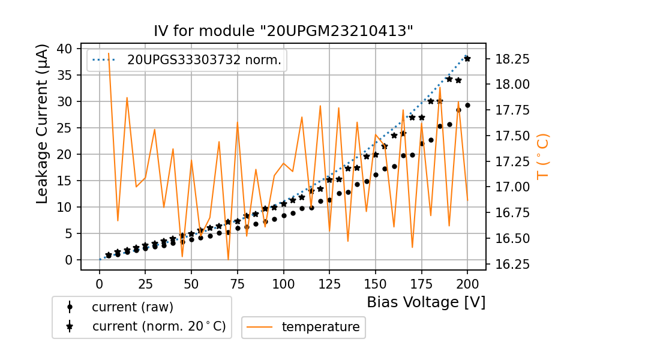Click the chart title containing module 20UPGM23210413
click(284, 31)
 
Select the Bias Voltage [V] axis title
click(426, 302)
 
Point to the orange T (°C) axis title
click(542, 156)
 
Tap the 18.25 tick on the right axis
click(512, 59)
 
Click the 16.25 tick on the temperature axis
click(512, 265)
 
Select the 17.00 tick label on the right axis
click(512, 187)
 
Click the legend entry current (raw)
click(132, 307)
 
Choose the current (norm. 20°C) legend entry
click(158, 326)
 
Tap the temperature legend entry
click(320, 327)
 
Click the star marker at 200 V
click(467, 59)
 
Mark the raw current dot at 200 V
click(467, 105)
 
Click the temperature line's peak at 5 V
click(109, 53)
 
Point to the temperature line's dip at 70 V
click(228, 259)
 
